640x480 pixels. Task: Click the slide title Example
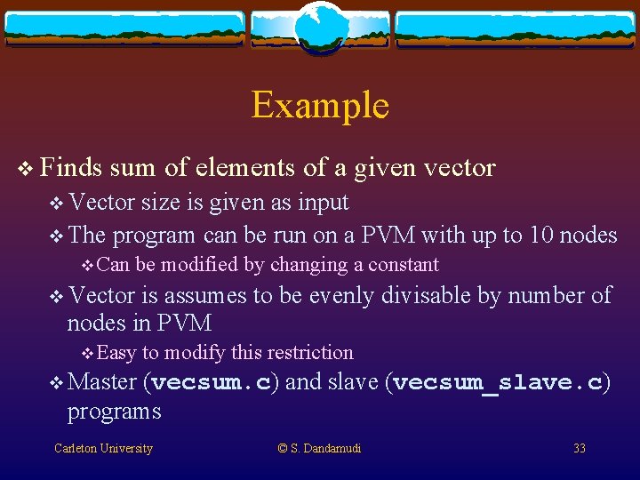coord(320,105)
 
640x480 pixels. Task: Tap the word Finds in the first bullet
coord(71,166)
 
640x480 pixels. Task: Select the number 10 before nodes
coord(541,235)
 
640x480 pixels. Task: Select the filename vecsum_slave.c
coord(498,383)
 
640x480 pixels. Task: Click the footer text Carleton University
coord(103,448)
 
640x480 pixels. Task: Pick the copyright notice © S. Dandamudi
coord(320,448)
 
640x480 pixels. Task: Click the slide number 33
coord(580,448)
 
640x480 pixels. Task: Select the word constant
coord(404,265)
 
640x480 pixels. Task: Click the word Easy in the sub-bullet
coord(116,353)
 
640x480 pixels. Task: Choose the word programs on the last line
coord(114,412)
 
